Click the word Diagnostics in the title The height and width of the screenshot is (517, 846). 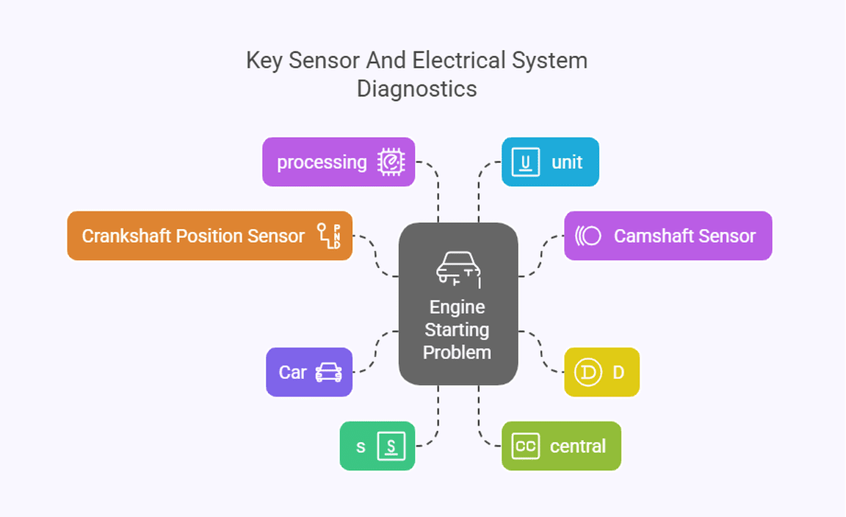416,89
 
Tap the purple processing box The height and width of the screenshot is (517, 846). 339,162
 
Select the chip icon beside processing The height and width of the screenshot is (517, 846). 391,162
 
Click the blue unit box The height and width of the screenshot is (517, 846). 550,162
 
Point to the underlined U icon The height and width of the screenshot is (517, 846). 525,162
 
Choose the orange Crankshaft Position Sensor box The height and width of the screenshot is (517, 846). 209,236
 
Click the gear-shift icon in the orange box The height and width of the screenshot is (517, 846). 328,236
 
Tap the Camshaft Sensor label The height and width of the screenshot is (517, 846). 684,236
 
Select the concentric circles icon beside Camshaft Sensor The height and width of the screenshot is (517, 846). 588,236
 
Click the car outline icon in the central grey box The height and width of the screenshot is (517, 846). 458,268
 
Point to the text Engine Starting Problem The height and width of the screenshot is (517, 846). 457,329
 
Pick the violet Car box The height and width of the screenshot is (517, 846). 309,372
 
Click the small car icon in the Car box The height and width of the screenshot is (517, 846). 328,372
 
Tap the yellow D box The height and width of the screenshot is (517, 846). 601,372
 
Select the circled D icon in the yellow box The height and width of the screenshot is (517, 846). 587,372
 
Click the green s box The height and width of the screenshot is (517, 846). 377,446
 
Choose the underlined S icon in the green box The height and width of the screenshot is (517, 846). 391,446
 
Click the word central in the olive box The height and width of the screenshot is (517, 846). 577,446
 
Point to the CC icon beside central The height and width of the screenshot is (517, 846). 525,446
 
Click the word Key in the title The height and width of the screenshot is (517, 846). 264,60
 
